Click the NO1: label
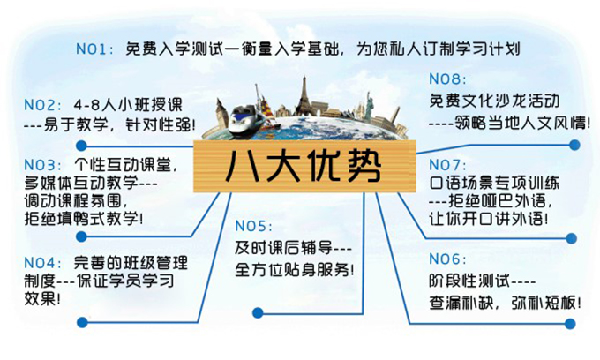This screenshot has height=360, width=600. (x=94, y=49)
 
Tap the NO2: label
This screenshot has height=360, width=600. (x=42, y=105)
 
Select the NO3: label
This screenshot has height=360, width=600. (x=42, y=165)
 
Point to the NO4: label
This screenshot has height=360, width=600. (x=42, y=263)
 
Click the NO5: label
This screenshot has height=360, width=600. (x=254, y=226)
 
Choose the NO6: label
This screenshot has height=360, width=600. (x=447, y=259)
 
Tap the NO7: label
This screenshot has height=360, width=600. (x=447, y=165)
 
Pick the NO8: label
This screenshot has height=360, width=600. (x=447, y=79)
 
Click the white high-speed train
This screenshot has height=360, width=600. (x=246, y=119)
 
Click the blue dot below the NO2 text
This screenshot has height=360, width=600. (x=81, y=146)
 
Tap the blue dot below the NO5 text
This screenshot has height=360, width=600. (x=258, y=312)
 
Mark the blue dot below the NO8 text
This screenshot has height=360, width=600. (x=574, y=145)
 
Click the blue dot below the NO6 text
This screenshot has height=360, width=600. (x=570, y=324)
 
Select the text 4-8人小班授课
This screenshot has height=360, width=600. (x=128, y=105)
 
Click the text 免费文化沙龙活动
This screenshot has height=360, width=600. (x=494, y=101)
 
